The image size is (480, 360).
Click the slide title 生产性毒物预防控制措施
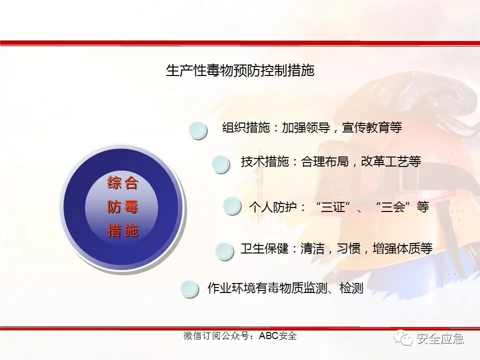coord(240,70)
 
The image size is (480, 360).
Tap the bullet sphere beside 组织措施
coord(198,130)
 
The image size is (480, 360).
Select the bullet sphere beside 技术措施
coord(220,164)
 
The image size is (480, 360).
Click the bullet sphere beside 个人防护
coord(232,206)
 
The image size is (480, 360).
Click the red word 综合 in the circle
coord(122,183)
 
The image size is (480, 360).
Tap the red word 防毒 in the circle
coord(122,207)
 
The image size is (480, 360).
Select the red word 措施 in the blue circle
coord(122,231)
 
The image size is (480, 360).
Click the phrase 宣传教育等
coord(372,127)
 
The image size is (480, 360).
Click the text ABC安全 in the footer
coord(277,336)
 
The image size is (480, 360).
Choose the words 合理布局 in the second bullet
coord(325,161)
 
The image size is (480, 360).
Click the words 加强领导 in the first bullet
coord(305,127)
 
